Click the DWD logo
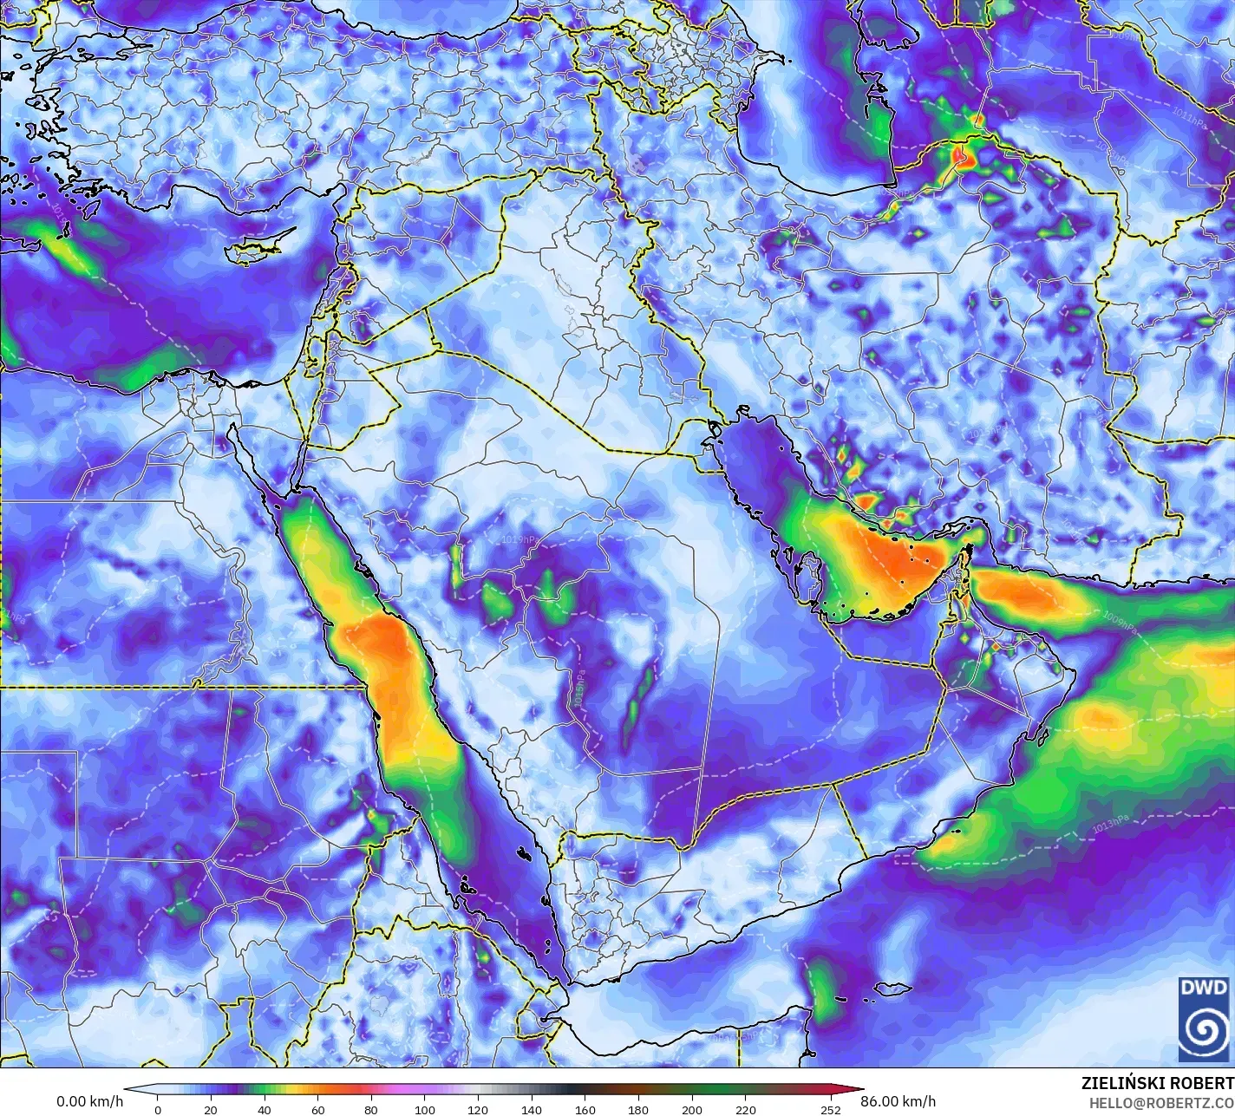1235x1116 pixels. tap(1203, 1018)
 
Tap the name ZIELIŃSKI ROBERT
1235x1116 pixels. tap(1157, 1083)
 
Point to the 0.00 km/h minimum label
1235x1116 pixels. tap(89, 1102)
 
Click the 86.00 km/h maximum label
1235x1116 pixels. tap(904, 1102)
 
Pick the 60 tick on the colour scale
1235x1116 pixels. tap(317, 1109)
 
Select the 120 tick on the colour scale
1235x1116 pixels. tap(478, 1109)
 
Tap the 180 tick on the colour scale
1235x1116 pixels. tap(638, 1109)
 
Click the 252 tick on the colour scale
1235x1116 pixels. tap(831, 1109)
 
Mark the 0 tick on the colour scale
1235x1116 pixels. tap(157, 1109)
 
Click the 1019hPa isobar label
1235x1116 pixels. tap(519, 539)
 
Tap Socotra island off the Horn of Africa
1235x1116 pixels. tap(891, 989)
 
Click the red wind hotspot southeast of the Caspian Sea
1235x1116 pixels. tap(961, 156)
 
